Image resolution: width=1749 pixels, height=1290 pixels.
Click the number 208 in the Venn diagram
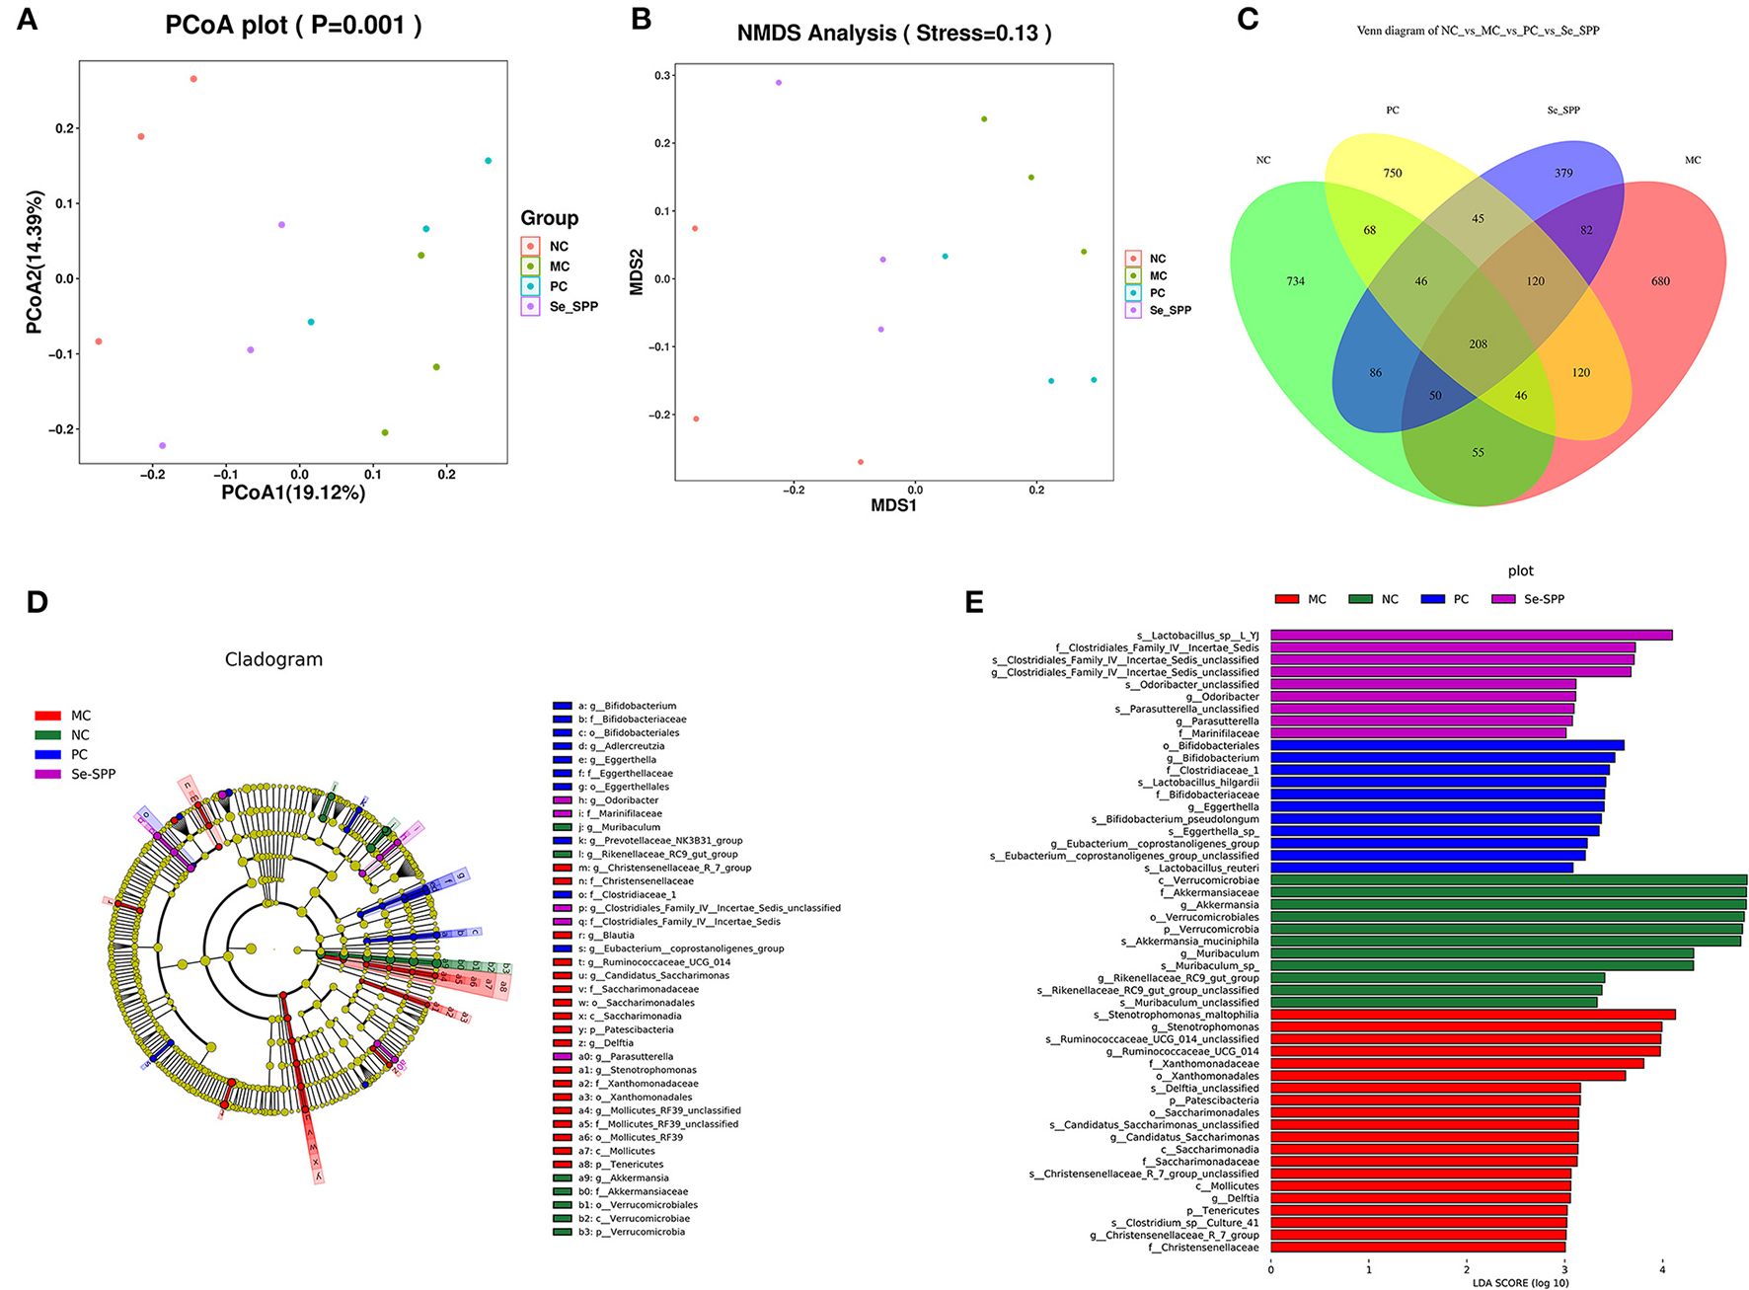1478,344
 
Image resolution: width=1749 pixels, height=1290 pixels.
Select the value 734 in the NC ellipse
1295,281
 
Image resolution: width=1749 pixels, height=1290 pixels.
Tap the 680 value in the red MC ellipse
1660,281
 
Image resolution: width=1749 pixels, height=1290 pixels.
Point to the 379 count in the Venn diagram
1563,173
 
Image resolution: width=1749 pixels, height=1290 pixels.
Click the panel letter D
38,602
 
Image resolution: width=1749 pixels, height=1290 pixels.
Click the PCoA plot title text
293,25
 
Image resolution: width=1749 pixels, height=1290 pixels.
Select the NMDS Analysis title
893,33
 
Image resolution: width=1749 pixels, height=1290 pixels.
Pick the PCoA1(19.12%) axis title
293,493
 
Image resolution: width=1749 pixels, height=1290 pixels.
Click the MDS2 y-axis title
637,271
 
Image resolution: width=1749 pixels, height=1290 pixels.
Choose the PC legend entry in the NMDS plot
1157,293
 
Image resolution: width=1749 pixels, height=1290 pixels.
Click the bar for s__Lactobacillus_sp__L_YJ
1471,636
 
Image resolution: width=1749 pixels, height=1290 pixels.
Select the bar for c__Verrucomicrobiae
1508,880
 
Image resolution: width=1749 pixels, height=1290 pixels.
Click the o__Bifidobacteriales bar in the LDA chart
1447,746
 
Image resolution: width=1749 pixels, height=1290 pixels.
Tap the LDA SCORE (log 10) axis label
1520,1283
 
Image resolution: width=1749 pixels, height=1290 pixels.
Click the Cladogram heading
273,659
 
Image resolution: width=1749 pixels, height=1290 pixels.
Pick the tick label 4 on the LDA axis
1662,1269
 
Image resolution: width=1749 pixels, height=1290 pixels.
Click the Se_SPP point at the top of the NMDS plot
779,83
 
